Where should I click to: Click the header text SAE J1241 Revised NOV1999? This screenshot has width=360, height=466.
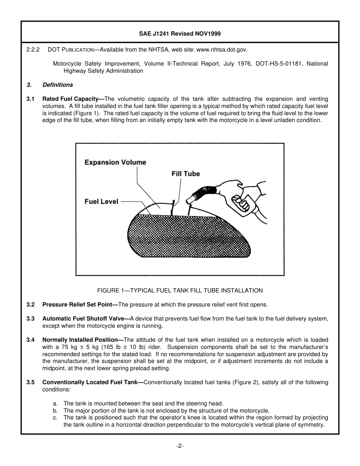click(180, 34)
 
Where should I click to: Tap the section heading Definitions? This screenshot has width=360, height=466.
click(58, 85)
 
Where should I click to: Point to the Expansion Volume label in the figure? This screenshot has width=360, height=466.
click(115, 163)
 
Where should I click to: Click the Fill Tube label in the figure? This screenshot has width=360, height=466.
click(186, 174)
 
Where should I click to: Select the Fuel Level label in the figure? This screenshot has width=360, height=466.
click(101, 202)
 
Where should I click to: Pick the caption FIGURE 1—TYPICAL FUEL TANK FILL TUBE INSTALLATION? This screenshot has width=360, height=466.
click(180, 291)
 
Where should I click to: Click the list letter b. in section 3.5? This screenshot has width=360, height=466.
click(55, 411)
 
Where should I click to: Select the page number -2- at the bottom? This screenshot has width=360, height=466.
click(180, 446)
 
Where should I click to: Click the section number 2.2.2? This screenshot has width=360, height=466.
click(33, 50)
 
